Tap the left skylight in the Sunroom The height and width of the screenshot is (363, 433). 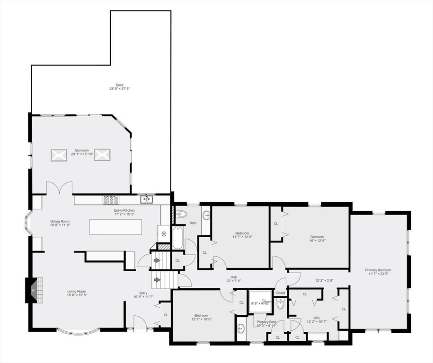coord(59,155)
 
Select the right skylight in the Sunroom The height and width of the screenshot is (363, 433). coord(102,155)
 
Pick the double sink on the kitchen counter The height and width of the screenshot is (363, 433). coord(146,199)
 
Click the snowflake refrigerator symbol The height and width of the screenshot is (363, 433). coord(164,233)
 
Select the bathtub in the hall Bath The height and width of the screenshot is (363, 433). coord(177,237)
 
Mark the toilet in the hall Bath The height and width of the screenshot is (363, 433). coord(181,214)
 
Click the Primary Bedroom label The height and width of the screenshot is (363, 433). coord(378,270)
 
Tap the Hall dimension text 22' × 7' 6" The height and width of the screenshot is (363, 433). coord(234,281)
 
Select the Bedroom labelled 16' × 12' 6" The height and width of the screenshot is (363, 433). coord(317,237)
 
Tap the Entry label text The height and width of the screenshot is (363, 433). coord(143,293)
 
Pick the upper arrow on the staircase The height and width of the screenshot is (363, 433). coord(157,260)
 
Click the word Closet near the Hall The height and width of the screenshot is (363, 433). coord(281,293)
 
